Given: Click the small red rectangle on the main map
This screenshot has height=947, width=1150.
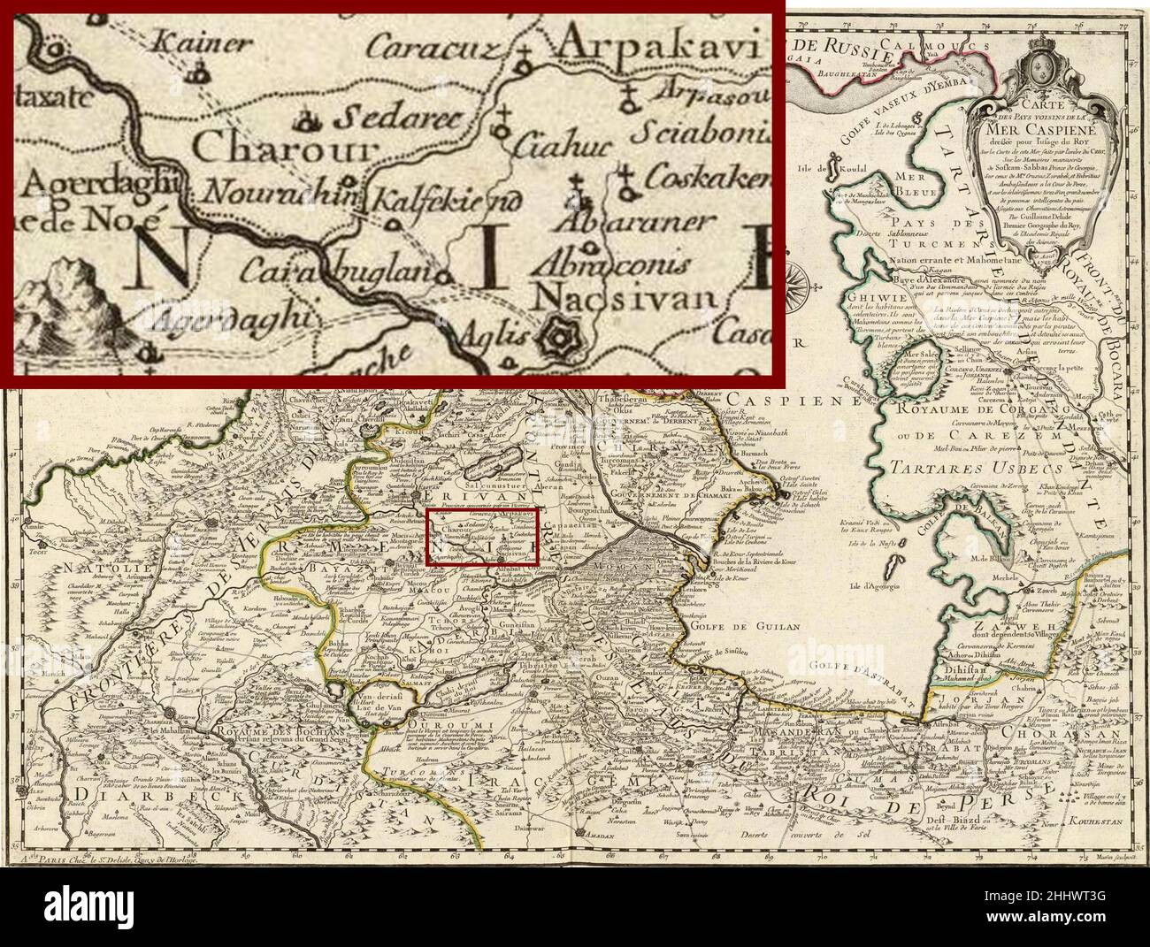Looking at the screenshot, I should click(x=483, y=537).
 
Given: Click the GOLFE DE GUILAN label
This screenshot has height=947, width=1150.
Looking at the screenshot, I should click(x=766, y=626).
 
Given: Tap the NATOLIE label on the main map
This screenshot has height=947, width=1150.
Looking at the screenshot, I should click(x=55, y=561).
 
